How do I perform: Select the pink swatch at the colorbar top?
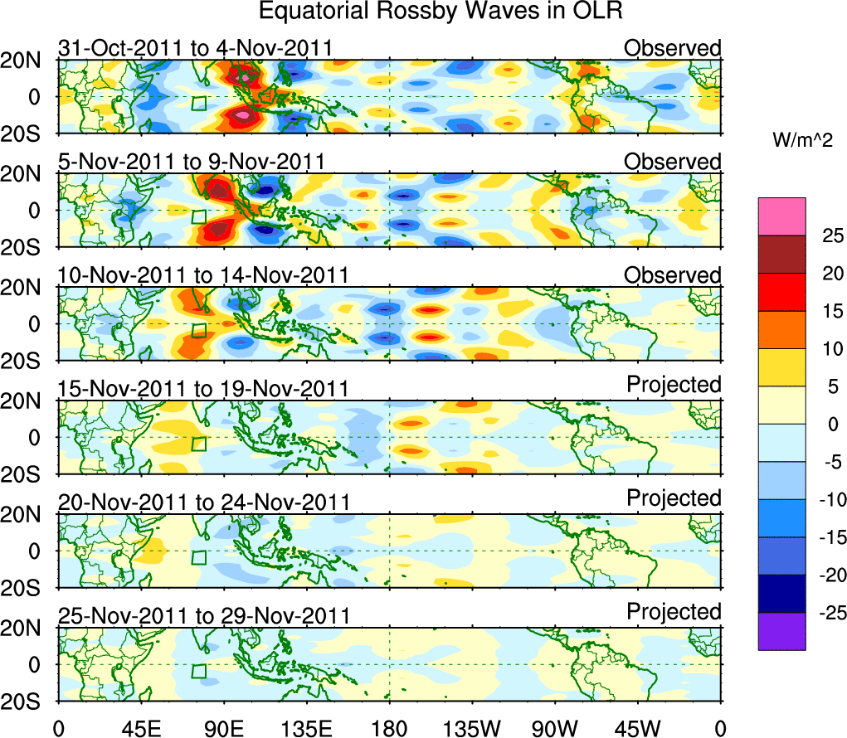[x=781, y=216]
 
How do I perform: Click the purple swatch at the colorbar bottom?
[x=781, y=631]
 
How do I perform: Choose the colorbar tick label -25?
[x=825, y=613]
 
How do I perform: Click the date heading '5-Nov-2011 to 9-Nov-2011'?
[x=191, y=161]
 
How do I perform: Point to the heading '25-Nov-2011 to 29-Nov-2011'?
[x=203, y=615]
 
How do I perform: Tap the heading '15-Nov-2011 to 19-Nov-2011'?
[x=203, y=388]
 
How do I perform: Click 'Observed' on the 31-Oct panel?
[x=673, y=48]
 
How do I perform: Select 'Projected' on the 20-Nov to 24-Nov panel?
[x=674, y=498]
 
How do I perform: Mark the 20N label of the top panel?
[x=27, y=61]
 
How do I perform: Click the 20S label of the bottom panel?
[x=27, y=702]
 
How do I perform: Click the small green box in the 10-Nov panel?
[x=198, y=330]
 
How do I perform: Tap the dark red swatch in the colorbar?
[x=781, y=255]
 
